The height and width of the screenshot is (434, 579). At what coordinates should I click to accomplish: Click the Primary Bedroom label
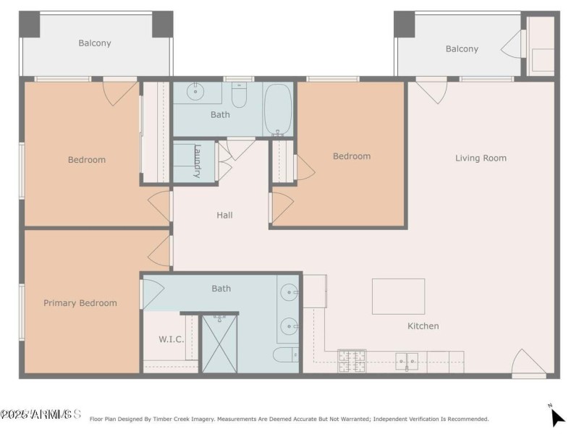click(x=80, y=303)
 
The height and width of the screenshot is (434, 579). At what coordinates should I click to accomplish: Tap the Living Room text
click(x=481, y=158)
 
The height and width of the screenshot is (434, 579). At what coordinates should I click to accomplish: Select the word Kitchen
click(x=423, y=326)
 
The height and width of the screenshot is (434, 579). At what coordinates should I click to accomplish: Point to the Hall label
click(x=224, y=215)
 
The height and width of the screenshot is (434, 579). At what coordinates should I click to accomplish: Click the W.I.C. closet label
click(x=171, y=339)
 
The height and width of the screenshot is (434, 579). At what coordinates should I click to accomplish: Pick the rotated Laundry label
click(x=197, y=161)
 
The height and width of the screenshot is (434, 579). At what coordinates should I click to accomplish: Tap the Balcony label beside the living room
click(x=462, y=49)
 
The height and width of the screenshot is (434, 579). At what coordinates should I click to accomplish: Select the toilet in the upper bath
click(x=240, y=95)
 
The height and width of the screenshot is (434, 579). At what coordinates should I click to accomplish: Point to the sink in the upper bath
click(x=195, y=93)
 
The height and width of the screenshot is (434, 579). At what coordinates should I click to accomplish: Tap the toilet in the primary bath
click(x=285, y=354)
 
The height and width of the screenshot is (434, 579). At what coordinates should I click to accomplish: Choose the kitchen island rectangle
click(x=398, y=296)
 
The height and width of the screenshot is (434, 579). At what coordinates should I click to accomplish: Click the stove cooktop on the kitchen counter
click(x=352, y=360)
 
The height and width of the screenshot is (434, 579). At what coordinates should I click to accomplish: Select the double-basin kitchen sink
click(x=407, y=360)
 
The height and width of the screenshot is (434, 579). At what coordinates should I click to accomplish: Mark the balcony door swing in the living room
click(x=433, y=90)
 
